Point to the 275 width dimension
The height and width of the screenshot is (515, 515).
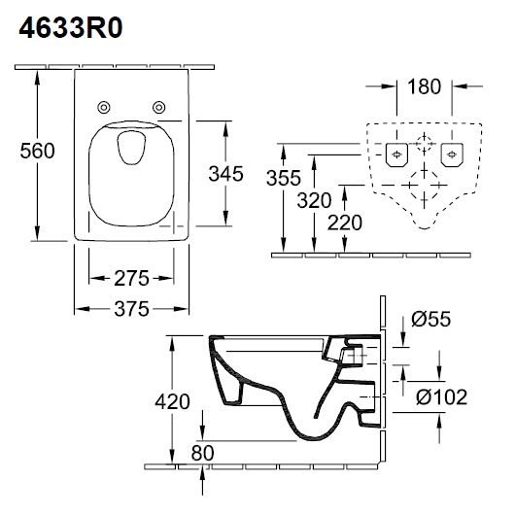[x=129, y=278]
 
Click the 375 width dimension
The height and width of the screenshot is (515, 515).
[x=129, y=309]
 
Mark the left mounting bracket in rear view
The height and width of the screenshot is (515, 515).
[x=395, y=154]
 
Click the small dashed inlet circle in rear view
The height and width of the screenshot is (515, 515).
[x=422, y=145]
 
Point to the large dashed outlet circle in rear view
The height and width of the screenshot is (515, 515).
[x=422, y=185]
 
